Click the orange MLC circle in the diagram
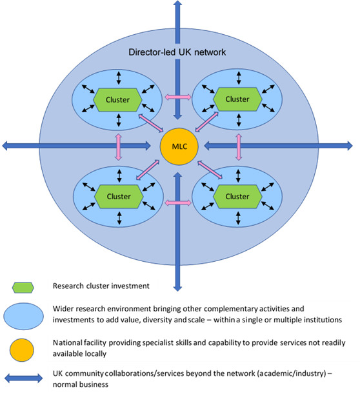click(x=179, y=146)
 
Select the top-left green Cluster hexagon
click(x=117, y=100)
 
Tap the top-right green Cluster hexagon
click(x=237, y=99)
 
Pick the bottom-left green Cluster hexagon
click(x=119, y=197)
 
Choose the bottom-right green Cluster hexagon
click(x=237, y=197)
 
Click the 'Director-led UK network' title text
click(x=177, y=52)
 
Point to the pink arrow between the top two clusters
click(x=177, y=97)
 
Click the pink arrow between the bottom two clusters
click(x=177, y=202)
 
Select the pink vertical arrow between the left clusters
click(x=118, y=147)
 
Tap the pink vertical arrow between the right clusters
click(x=239, y=147)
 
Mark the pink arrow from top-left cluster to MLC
click(x=151, y=123)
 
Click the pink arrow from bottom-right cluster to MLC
click(x=210, y=170)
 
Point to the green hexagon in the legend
click(x=23, y=288)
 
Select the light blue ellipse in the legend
click(x=23, y=316)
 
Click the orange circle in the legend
click(x=22, y=350)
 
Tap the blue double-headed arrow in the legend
click(x=24, y=379)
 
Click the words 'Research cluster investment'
click(x=101, y=286)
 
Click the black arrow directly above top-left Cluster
click(x=119, y=78)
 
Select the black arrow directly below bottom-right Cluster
click(x=238, y=218)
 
